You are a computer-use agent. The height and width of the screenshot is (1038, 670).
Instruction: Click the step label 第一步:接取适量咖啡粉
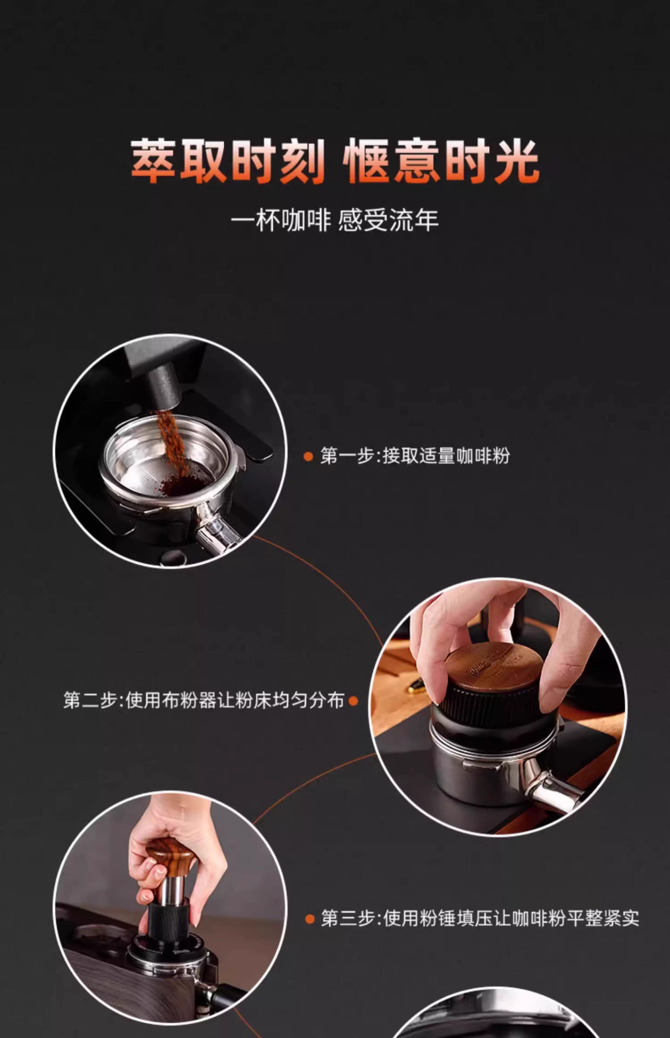415,456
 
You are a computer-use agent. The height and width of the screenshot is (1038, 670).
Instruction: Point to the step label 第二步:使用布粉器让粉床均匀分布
204,700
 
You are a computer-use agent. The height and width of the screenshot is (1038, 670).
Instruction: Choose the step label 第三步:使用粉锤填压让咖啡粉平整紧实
480,918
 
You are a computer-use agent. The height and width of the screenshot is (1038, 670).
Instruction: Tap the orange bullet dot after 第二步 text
353,701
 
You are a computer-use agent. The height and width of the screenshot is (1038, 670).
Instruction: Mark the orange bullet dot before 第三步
310,919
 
